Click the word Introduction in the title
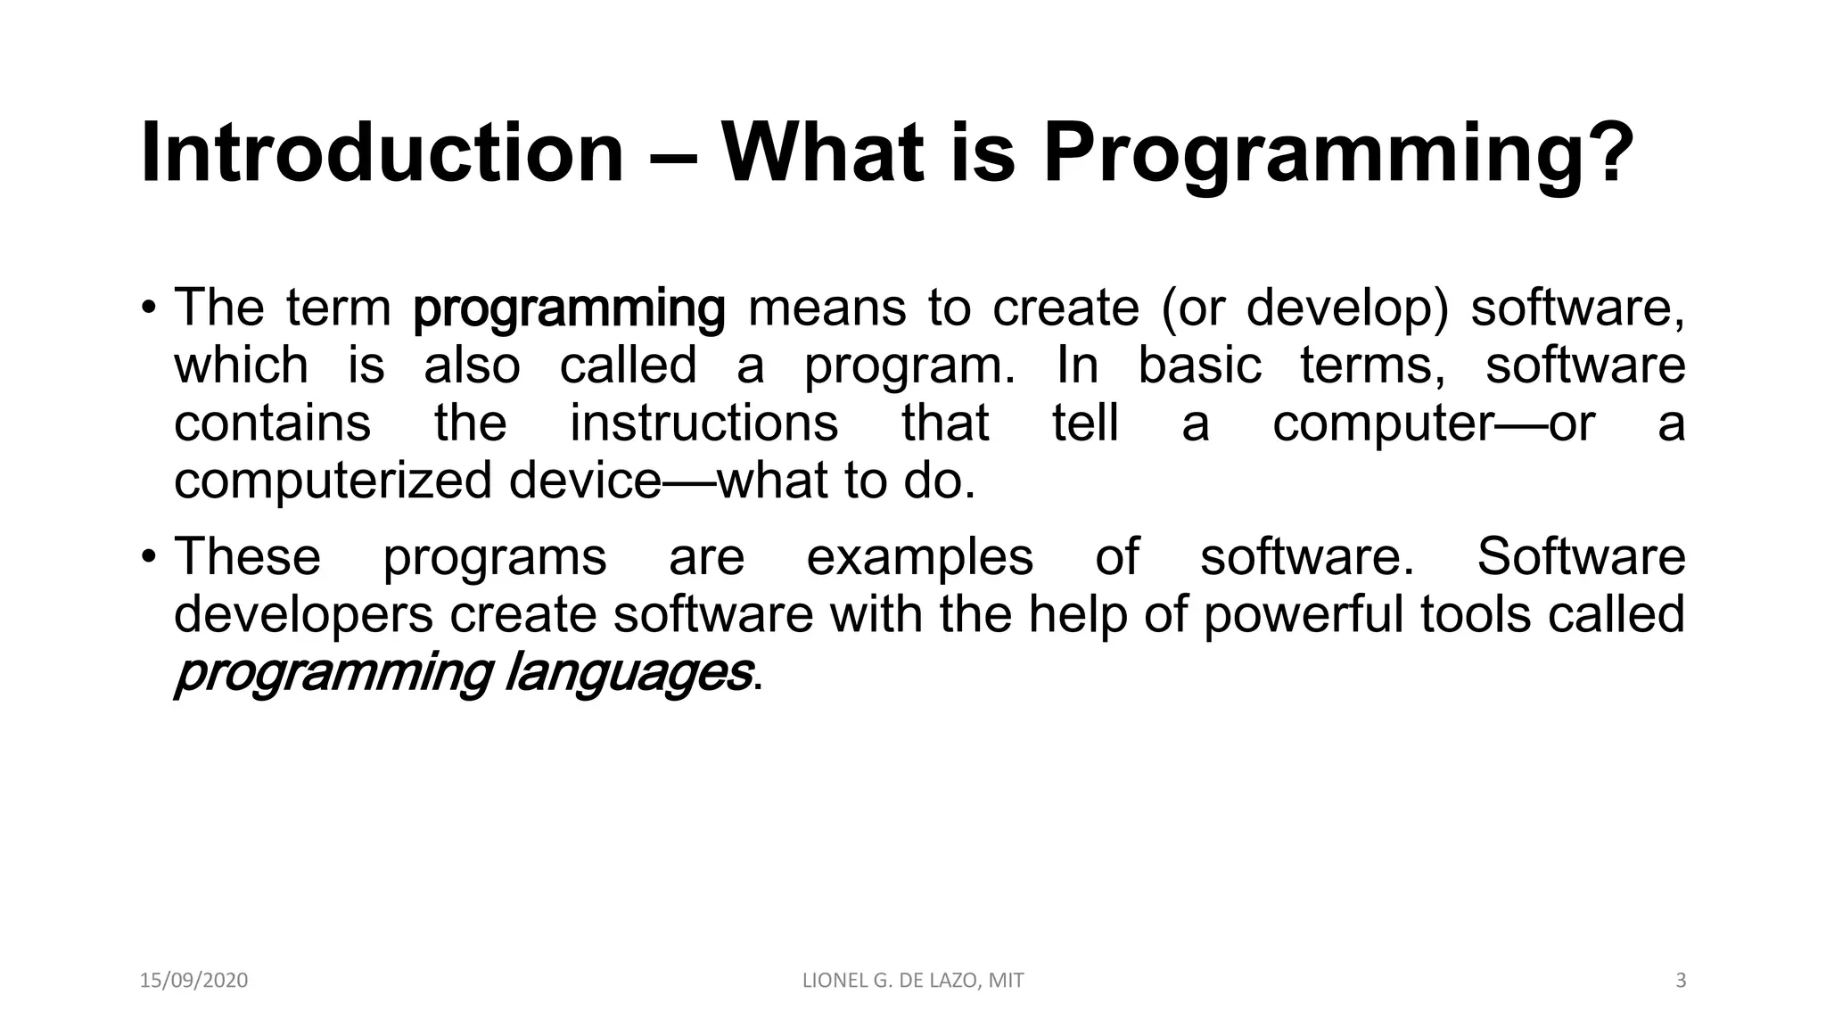[382, 153]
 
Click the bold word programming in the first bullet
[569, 309]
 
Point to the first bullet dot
[148, 308]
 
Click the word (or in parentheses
[1194, 308]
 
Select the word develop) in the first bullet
[1347, 308]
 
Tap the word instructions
[703, 423]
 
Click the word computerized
[333, 481]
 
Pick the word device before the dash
[584, 481]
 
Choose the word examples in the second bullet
[919, 557]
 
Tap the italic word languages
[628, 673]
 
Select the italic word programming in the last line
[333, 673]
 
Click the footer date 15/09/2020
[193, 981]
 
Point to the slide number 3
[1681, 981]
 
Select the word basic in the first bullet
[1199, 366]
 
